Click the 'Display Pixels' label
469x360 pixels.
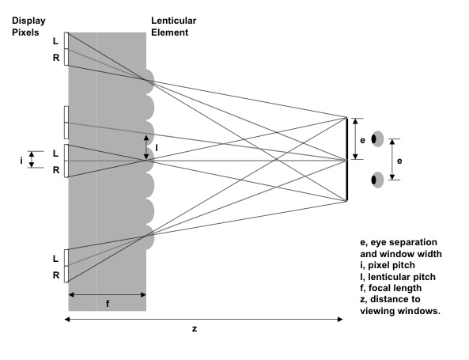coord(28,26)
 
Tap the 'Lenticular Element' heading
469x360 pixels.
coord(173,26)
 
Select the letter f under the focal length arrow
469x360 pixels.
coord(108,304)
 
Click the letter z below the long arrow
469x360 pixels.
coord(195,329)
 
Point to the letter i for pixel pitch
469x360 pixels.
coord(21,161)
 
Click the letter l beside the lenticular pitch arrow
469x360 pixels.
coord(156,148)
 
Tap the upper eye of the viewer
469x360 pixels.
coord(377,138)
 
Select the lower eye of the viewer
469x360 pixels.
coord(377,180)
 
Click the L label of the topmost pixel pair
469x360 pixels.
coord(55,41)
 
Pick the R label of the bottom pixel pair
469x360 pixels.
coord(56,275)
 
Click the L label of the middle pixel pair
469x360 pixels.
coord(55,153)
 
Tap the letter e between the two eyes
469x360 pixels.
coord(399,161)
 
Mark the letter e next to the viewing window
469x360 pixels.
coord(362,140)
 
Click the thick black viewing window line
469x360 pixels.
coord(347,160)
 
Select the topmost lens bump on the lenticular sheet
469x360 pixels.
coord(150,81)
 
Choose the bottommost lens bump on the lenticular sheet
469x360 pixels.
coord(150,237)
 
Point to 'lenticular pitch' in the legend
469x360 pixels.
coord(402,277)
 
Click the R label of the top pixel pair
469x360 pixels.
coord(56,58)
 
